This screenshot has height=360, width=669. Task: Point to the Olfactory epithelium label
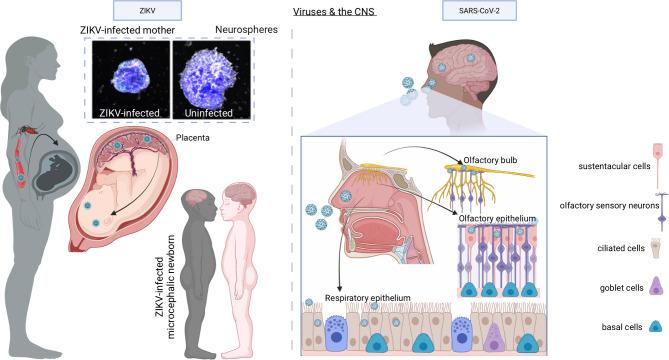(490, 215)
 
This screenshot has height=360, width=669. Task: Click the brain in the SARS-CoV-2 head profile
(455, 61)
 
